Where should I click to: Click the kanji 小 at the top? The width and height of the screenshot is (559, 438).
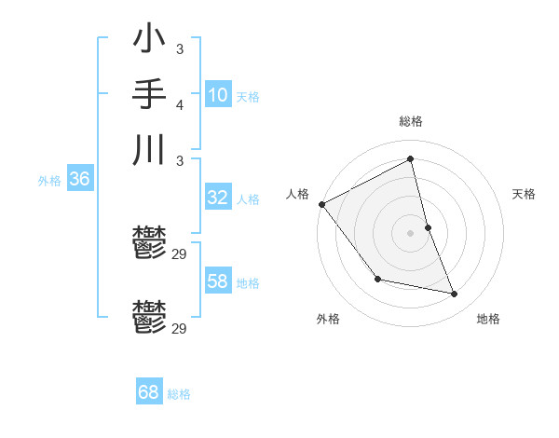pyautogui.click(x=149, y=40)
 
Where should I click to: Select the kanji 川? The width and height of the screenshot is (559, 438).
pyautogui.click(x=149, y=149)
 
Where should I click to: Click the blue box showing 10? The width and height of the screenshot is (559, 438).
pyautogui.click(x=217, y=95)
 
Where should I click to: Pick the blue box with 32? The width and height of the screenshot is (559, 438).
pyautogui.click(x=217, y=198)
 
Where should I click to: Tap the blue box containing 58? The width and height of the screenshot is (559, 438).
pyautogui.click(x=217, y=281)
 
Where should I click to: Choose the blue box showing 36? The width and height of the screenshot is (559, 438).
pyautogui.click(x=79, y=180)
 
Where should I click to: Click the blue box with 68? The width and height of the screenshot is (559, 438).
pyautogui.click(x=148, y=392)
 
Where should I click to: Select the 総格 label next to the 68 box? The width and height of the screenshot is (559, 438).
pyautogui.click(x=179, y=394)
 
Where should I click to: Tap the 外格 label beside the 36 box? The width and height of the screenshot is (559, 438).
pyautogui.click(x=49, y=182)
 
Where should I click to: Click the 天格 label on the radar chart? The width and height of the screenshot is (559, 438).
pyautogui.click(x=525, y=194)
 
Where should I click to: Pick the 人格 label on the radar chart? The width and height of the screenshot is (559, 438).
pyautogui.click(x=297, y=194)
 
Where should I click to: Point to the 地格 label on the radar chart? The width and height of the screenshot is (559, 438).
pyautogui.click(x=488, y=319)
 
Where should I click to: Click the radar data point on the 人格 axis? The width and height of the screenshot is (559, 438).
pyautogui.click(x=321, y=204)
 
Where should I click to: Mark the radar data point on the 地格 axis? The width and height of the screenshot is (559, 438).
pyautogui.click(x=455, y=294)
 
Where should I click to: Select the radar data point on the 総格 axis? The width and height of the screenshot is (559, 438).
pyautogui.click(x=411, y=158)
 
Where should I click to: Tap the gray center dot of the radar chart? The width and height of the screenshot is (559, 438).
pyautogui.click(x=411, y=232)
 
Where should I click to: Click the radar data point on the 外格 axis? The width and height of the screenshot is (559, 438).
pyautogui.click(x=377, y=279)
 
